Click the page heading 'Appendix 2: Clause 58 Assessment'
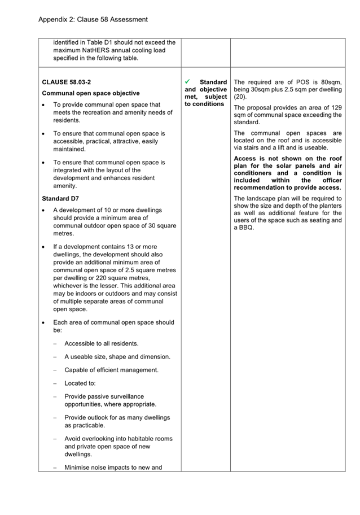click(x=93, y=20)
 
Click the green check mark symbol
click(x=188, y=82)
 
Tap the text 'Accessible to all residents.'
click(x=101, y=343)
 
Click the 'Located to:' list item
click(x=80, y=384)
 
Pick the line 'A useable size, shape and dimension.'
click(x=117, y=357)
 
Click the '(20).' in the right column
click(x=240, y=97)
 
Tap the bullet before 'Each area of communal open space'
click(x=45, y=323)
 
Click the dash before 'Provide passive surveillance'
click(x=55, y=397)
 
